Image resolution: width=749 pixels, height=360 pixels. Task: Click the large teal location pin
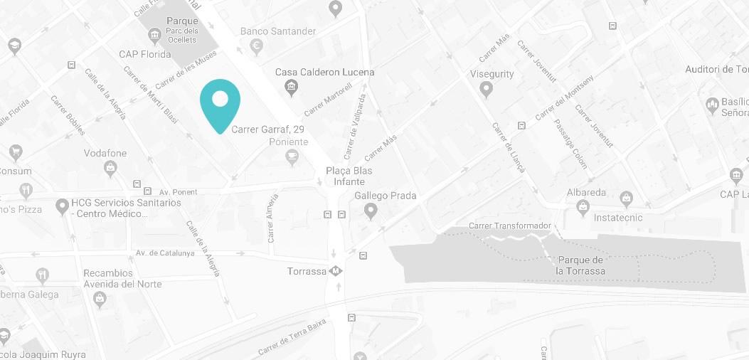pos(220,103)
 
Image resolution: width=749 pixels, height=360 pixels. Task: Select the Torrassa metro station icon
pos(335,271)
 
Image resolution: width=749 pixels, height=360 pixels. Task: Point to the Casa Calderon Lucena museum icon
pos(290,88)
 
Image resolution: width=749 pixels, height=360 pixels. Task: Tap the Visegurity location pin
pos(487,89)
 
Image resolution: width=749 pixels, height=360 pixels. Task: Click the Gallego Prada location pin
pos(370,211)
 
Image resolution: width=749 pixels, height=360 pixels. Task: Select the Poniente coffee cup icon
pos(291,157)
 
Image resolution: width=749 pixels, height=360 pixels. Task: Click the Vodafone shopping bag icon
pos(110,168)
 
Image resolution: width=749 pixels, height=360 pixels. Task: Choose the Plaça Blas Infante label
pos(349,176)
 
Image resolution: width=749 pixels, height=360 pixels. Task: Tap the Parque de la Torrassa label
pos(580,265)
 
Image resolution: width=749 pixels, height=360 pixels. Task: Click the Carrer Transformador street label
pos(510,226)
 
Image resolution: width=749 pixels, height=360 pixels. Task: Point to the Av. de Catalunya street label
pos(165,253)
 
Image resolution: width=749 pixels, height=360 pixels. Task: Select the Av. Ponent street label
pos(178,192)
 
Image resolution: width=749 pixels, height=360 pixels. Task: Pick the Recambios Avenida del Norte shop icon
pos(100,297)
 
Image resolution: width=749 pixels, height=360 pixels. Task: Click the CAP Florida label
pos(145,54)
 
